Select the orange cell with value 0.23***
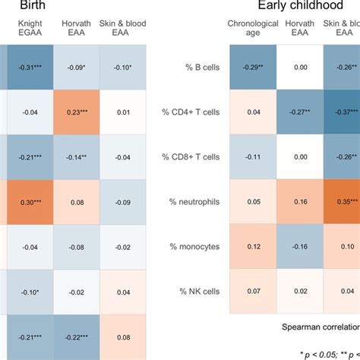pos(76,112)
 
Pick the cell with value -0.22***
pos(76,336)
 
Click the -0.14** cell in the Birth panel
pos(76,157)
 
